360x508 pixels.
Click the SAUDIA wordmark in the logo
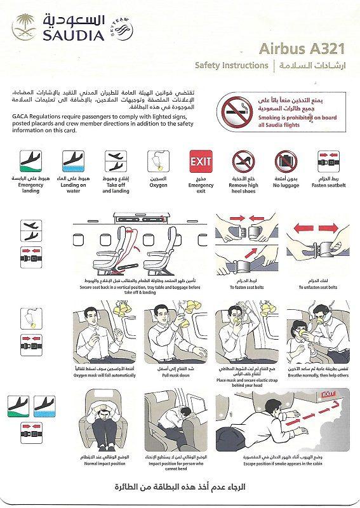74,36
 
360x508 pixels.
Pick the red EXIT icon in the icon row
201,163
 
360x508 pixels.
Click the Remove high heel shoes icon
243,163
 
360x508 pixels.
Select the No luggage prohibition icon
286,163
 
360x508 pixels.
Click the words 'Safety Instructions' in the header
231,65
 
